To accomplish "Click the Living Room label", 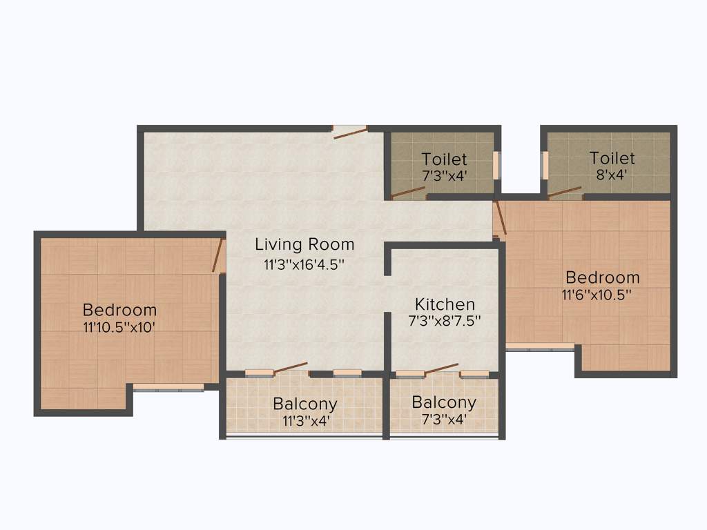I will pos(304,244).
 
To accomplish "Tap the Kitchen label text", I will pos(445,304).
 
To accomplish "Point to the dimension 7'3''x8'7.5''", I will pos(445,320).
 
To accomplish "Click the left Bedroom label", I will pos(119,310).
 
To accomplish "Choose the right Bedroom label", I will pos(602,277).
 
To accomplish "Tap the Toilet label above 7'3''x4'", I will pos(444,159).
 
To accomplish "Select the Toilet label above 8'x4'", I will pos(612,158).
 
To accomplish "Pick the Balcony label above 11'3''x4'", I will pos(304,403).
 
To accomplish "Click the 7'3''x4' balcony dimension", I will pos(444,418).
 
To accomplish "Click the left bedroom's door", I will pos(218,255).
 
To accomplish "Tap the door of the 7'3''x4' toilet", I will pos(408,194).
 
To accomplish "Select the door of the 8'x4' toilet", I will pos(565,192).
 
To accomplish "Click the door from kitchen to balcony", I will pos(441,369).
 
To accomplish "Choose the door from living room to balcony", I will pos(291,367).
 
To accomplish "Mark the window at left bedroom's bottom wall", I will pos(168,388).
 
